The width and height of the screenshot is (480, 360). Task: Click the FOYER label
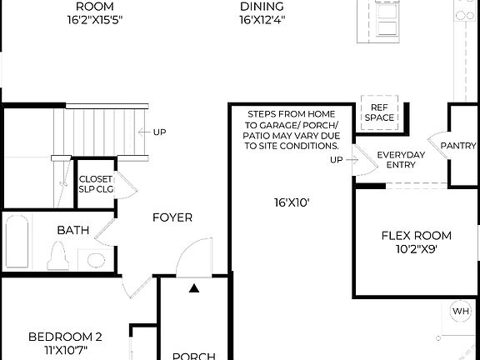point(172,217)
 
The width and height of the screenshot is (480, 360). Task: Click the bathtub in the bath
point(17,241)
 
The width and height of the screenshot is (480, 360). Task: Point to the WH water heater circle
point(461,312)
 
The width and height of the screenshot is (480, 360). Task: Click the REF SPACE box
point(379,112)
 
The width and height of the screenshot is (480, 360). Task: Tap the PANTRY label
point(458,146)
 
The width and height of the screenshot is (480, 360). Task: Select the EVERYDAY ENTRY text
point(401,160)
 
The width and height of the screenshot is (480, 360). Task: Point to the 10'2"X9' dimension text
point(416,247)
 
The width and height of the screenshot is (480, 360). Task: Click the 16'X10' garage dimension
point(292,202)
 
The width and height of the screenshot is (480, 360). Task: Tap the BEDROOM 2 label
point(65,337)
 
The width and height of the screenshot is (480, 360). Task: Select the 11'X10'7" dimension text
point(65,350)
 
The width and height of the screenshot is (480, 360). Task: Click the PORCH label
point(193,356)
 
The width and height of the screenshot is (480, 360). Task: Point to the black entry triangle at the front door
point(194,288)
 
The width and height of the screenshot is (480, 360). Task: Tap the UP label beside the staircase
point(158,132)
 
